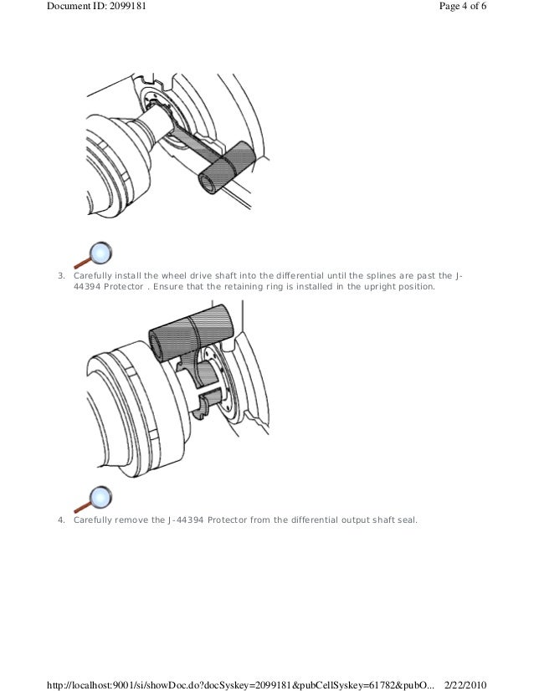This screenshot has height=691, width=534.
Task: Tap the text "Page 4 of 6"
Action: click(463, 6)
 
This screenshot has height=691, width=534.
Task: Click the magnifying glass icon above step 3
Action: click(93, 255)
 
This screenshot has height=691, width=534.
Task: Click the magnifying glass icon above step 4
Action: click(93, 499)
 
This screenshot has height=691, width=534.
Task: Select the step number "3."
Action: click(61, 276)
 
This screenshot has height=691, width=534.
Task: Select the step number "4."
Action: click(61, 520)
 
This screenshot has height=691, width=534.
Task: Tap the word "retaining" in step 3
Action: click(243, 287)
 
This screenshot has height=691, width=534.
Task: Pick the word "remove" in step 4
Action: click(131, 520)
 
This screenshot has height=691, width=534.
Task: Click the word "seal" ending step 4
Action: click(408, 520)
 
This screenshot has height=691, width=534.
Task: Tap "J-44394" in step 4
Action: click(186, 520)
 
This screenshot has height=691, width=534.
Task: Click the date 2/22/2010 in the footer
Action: click(465, 685)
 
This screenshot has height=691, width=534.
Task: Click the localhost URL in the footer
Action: click(241, 685)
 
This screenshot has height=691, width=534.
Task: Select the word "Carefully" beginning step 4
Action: click(93, 520)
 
